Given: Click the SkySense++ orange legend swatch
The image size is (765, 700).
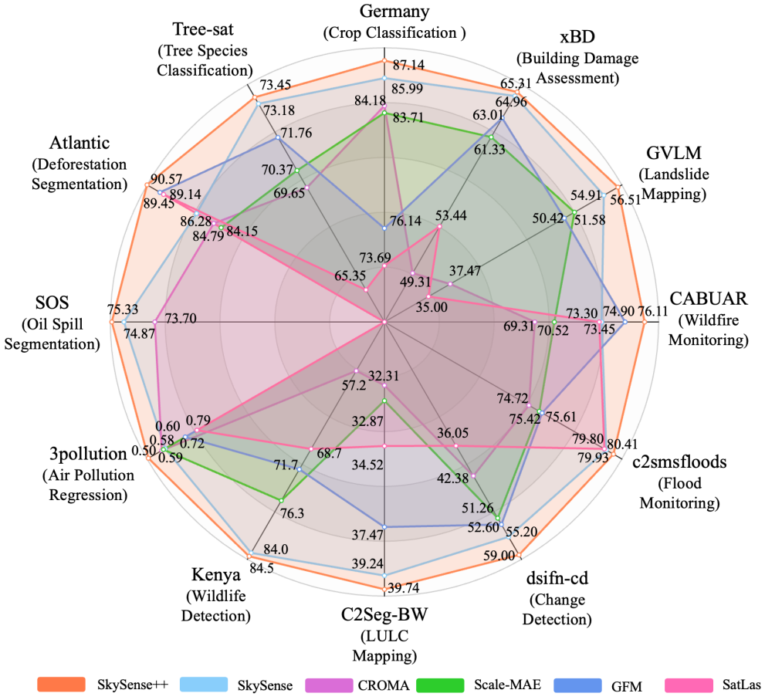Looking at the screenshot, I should [60, 685].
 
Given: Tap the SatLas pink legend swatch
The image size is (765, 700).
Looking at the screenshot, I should [684, 685].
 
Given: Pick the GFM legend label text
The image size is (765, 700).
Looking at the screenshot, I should [625, 685].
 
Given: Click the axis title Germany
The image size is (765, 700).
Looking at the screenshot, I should [384, 11].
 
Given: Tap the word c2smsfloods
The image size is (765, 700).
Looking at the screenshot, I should [679, 463].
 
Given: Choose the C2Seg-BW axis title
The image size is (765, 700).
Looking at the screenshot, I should [384, 617].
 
